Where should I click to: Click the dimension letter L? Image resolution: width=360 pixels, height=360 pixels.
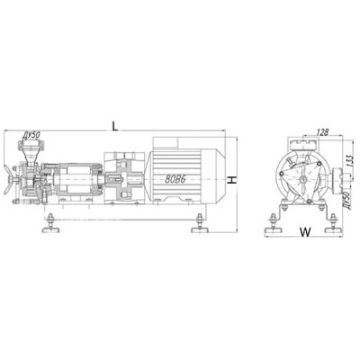(x=115, y=126)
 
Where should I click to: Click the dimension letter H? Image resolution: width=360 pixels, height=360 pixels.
(x=232, y=180)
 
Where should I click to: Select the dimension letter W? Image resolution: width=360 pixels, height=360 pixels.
(x=305, y=231)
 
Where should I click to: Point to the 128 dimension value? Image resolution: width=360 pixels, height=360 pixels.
(x=322, y=132)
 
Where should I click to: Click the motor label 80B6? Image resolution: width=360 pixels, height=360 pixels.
(x=175, y=179)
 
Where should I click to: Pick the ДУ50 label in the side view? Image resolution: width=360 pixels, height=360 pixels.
(x=31, y=136)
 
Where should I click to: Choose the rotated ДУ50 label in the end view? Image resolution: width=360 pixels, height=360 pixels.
(x=347, y=200)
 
